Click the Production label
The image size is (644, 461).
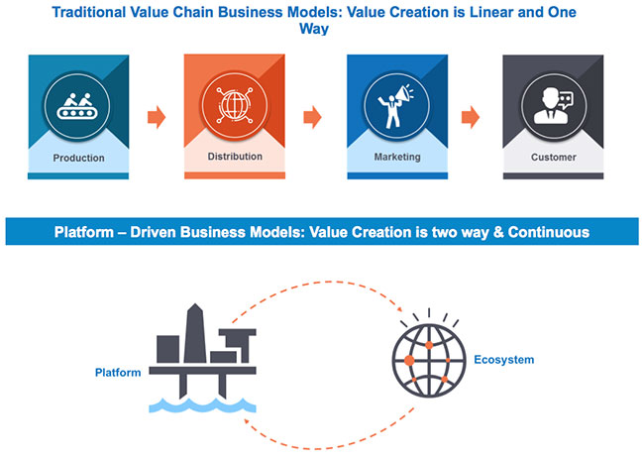click(78, 158)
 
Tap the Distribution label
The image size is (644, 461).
click(235, 157)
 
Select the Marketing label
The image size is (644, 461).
click(397, 157)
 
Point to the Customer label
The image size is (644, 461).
click(553, 158)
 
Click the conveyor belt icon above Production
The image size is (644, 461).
click(77, 106)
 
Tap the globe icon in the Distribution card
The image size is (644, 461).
click(235, 105)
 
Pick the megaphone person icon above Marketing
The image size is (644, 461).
click(396, 106)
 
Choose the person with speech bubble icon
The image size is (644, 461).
click(553, 106)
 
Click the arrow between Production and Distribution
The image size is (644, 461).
click(157, 117)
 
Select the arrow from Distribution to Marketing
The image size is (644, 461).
click(312, 117)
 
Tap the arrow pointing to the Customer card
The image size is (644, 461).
click(471, 117)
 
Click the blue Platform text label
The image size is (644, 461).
click(118, 373)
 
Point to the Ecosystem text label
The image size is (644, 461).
click(504, 360)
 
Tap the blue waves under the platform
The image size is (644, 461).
click(202, 405)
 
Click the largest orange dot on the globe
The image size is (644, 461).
click(409, 361)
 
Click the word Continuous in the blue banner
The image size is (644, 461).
click(549, 232)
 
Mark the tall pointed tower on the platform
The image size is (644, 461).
click(195, 333)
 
